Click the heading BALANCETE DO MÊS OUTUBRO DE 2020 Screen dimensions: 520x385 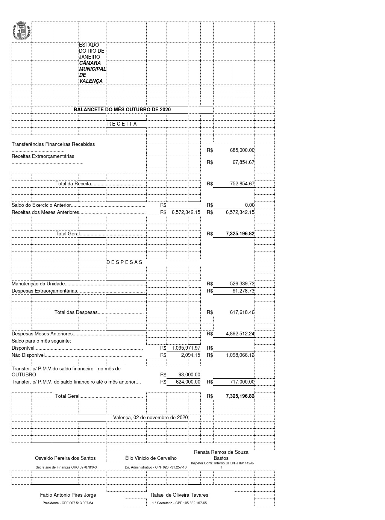(122, 109)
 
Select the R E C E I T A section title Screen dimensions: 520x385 (122, 124)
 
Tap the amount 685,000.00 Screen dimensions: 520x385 (242, 150)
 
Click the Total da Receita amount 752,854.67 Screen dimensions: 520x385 (242, 184)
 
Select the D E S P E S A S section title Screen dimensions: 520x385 (124, 262)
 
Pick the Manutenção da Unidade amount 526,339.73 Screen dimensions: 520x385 (242, 284)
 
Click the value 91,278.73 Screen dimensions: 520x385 (243, 291)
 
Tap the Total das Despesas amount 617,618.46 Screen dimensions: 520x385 (242, 312)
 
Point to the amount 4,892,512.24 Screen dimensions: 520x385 (240, 334)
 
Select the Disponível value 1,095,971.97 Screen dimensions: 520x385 (186, 348)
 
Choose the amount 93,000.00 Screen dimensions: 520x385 (189, 375)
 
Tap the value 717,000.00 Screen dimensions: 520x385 (242, 382)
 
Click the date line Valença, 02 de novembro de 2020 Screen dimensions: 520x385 (150, 418)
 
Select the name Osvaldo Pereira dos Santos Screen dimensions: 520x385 (65, 458)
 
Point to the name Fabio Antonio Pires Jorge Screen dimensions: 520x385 (68, 495)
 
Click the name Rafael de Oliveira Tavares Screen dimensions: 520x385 (179, 495)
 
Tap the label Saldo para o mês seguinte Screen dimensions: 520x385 (41, 341)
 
